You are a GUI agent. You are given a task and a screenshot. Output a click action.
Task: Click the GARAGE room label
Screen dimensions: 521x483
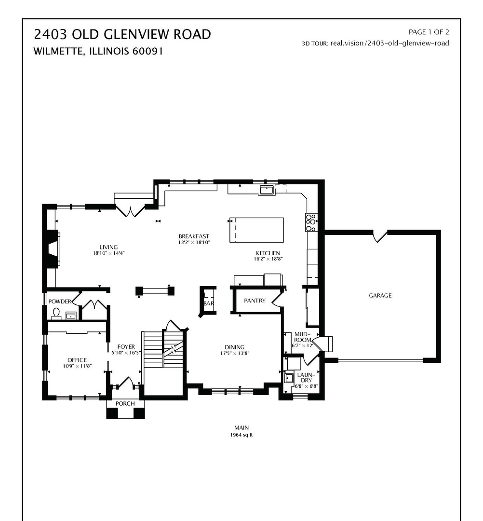click(380, 296)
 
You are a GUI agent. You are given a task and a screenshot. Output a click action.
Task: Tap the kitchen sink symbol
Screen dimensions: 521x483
click(266, 190)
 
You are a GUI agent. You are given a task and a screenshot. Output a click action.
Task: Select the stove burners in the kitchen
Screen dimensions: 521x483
click(311, 223)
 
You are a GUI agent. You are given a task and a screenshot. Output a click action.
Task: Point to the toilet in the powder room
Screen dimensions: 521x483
click(56, 314)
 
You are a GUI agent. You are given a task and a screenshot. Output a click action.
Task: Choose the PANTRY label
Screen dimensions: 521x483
click(255, 301)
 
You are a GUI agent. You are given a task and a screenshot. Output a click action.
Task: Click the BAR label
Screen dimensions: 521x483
click(208, 304)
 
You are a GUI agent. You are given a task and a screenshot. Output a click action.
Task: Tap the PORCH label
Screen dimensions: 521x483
click(125, 403)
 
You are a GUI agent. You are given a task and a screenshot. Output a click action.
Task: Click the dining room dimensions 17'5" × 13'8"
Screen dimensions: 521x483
click(234, 353)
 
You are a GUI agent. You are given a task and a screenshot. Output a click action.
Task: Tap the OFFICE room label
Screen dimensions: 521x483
click(77, 360)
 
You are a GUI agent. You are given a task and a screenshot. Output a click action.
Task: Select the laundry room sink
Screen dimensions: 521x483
click(289, 377)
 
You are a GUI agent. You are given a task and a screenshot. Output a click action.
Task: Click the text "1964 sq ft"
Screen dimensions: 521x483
click(241, 435)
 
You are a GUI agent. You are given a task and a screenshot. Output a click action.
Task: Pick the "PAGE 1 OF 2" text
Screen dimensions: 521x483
click(429, 32)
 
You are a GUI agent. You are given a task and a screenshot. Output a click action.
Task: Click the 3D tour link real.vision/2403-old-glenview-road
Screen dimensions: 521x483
click(389, 43)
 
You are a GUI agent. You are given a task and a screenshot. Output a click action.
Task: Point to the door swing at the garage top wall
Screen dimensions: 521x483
click(380, 236)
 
